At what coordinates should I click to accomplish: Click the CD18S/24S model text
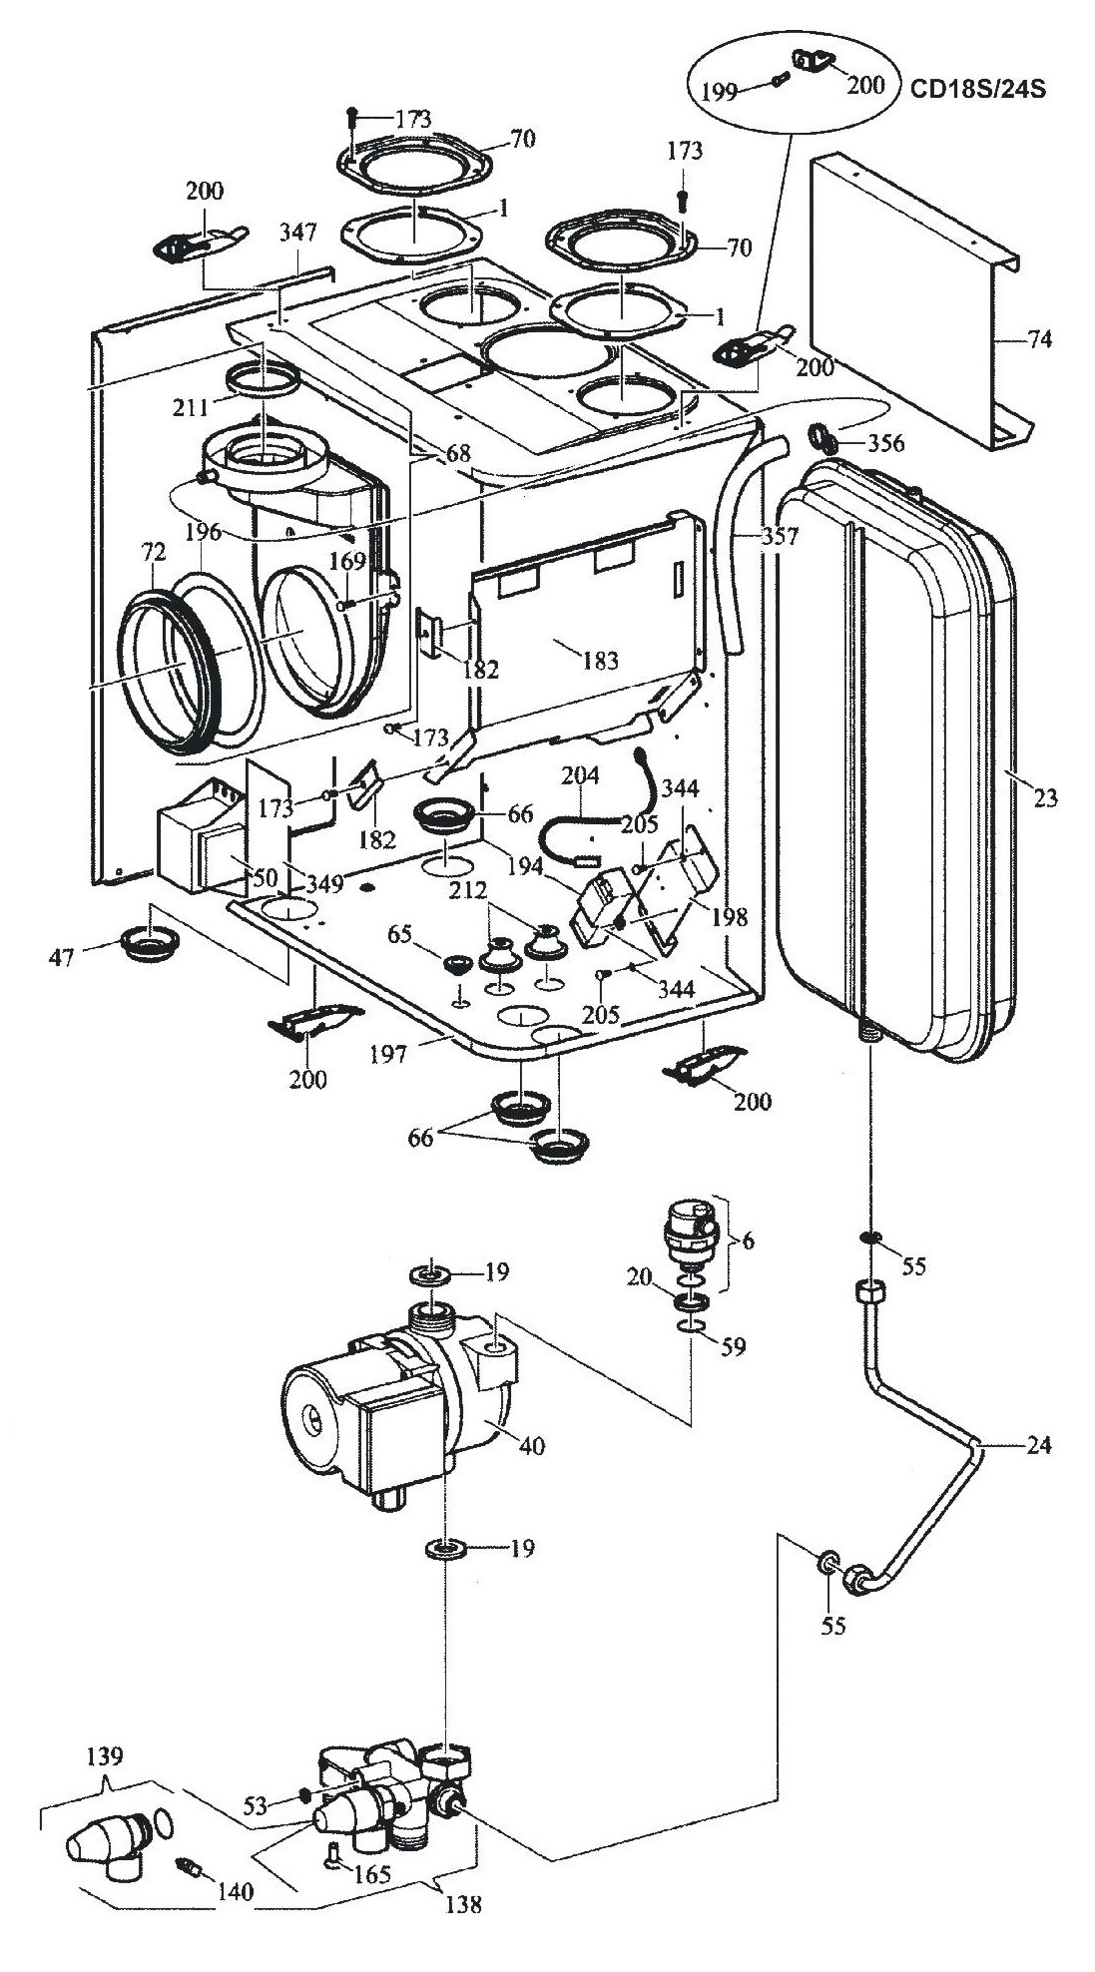977,88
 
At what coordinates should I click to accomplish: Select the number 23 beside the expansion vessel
1045,798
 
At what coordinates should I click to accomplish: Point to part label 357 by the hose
780,537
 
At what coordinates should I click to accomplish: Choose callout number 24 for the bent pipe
1038,1445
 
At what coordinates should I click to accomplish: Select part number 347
297,234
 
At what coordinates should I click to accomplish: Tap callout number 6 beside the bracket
749,1240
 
